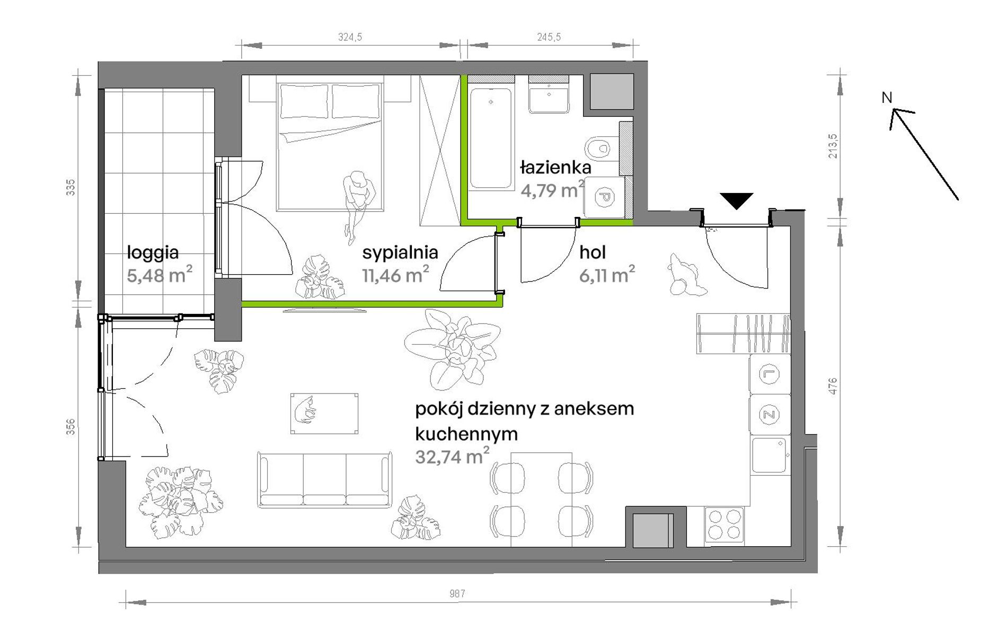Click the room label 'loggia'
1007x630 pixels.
click(x=153, y=253)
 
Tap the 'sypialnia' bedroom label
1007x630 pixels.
click(x=400, y=253)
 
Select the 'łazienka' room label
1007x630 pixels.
click(x=555, y=168)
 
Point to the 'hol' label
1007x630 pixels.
click(x=593, y=252)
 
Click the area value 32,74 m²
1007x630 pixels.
click(x=452, y=456)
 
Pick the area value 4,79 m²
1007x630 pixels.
click(x=553, y=190)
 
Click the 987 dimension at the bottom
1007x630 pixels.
click(x=457, y=593)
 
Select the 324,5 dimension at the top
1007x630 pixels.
click(x=350, y=37)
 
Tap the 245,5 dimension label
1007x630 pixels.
click(x=549, y=37)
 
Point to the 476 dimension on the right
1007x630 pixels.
click(x=833, y=386)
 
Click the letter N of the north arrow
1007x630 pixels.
click(x=887, y=98)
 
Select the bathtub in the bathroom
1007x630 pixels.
click(x=491, y=138)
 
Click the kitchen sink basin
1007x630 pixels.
click(x=769, y=455)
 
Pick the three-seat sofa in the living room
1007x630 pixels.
click(x=324, y=480)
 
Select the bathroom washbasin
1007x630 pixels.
click(x=549, y=99)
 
